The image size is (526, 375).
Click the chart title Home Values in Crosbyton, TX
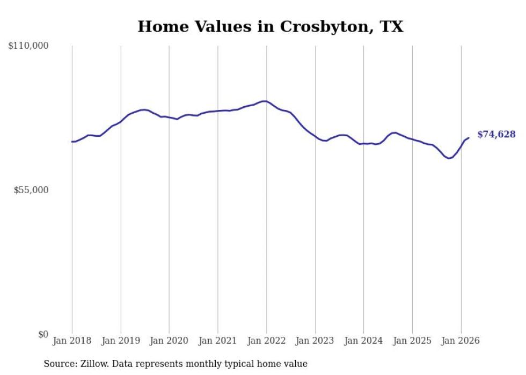270,26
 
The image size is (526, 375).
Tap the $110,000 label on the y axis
28,46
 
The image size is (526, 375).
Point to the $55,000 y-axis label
31,190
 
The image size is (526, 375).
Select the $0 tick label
43,334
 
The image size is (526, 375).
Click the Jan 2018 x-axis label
72,341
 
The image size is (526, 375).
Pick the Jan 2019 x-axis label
121,341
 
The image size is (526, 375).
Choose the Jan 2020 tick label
169,341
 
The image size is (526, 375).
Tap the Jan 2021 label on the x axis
218,341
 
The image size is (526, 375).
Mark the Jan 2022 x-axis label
267,341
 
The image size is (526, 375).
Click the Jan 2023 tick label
315,341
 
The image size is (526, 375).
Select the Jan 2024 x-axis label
364,341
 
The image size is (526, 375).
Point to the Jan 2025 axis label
412,341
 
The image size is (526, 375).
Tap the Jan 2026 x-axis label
461,341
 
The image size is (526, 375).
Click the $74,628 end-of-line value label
496,135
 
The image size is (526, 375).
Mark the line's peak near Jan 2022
264,101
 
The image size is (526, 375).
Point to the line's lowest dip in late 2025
449,158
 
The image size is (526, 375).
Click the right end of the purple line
469,138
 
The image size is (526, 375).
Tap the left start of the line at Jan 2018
72,142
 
